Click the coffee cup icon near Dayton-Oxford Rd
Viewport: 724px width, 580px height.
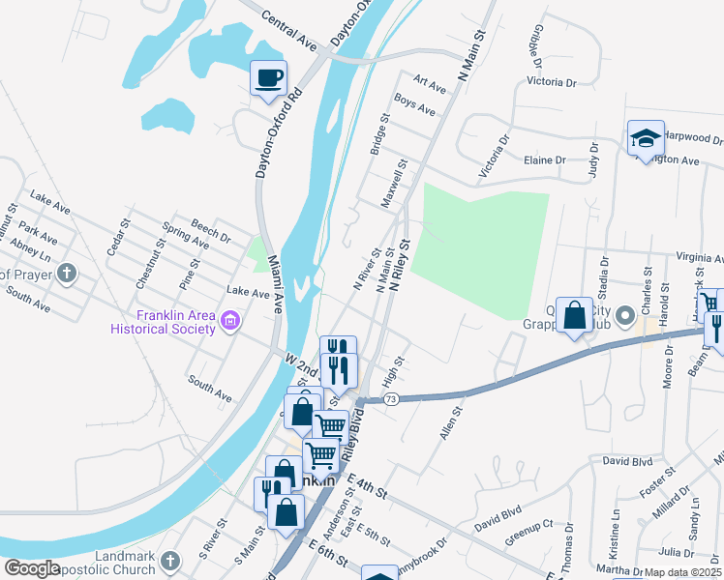pyautogui.click(x=269, y=77)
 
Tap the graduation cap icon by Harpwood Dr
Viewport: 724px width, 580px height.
pyautogui.click(x=646, y=137)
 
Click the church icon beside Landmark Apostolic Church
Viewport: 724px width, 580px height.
pyautogui.click(x=170, y=561)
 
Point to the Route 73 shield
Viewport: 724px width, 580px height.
pyautogui.click(x=390, y=398)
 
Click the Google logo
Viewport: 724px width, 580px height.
pyautogui.click(x=31, y=568)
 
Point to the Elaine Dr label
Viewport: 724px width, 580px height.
pyautogui.click(x=543, y=160)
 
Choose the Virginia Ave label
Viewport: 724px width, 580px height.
pyautogui.click(x=692, y=258)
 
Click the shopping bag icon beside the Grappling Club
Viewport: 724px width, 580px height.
pyautogui.click(x=575, y=315)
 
